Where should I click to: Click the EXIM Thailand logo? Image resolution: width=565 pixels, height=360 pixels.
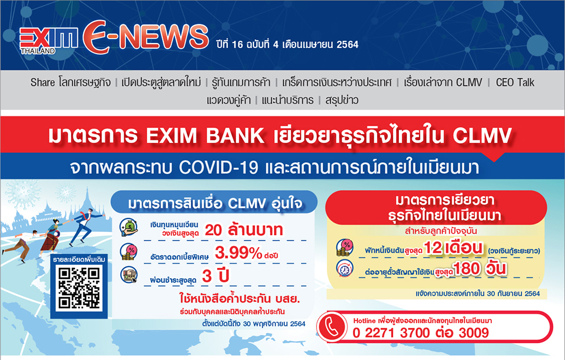pyautogui.click(x=48, y=40)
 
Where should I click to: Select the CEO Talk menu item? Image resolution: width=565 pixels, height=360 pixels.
pyautogui.click(x=515, y=82)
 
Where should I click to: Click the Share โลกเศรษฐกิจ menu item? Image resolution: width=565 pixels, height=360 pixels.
pyautogui.click(x=70, y=82)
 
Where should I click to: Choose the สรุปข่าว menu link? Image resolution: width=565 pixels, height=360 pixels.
pyautogui.click(x=342, y=100)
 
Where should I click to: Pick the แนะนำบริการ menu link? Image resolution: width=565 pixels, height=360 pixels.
pyautogui.click(x=288, y=100)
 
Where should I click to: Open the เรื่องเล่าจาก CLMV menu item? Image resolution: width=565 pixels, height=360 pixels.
pyautogui.click(x=443, y=82)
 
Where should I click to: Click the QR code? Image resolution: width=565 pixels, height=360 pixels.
pyautogui.click(x=79, y=288)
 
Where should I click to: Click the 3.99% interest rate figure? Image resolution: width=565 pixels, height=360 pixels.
pyautogui.click(x=238, y=253)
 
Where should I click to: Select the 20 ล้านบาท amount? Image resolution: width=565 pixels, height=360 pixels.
pyautogui.click(x=244, y=230)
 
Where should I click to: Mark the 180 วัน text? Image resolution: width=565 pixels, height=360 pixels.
pyautogui.click(x=479, y=268)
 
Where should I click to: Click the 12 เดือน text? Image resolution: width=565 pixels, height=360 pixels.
pyautogui.click(x=453, y=248)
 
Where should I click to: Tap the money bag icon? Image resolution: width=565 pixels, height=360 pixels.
pyautogui.click(x=129, y=228)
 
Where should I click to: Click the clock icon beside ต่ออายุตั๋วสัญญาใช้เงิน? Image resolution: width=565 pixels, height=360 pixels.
pyautogui.click(x=345, y=268)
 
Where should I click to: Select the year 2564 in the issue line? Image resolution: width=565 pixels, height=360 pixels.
pyautogui.click(x=347, y=45)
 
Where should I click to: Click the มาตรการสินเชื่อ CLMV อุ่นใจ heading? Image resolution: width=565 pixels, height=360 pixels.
pyautogui.click(x=215, y=204)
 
